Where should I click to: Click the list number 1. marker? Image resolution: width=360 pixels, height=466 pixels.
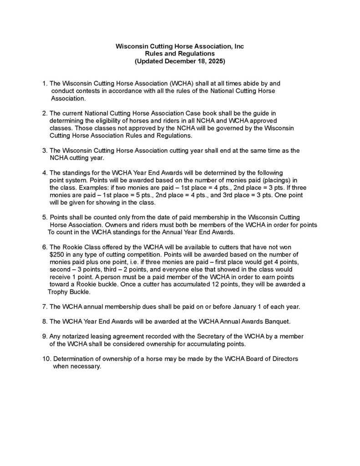(44, 84)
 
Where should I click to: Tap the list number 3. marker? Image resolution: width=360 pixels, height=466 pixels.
(44, 151)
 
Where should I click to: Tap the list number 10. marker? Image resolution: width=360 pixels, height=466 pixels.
(46, 359)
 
